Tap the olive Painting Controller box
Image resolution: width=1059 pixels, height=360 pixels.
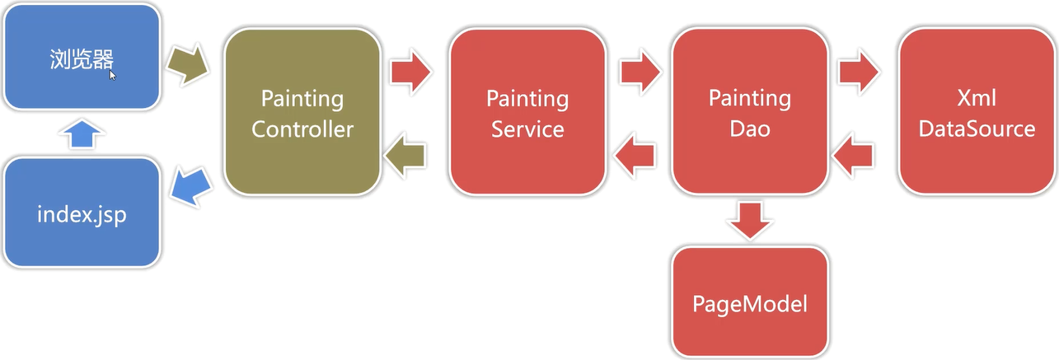[x=302, y=113]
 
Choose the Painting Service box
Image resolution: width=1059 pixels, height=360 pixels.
[x=527, y=113]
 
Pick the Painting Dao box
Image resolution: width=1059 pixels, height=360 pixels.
[x=749, y=113]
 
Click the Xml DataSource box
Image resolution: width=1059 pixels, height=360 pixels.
[x=977, y=113]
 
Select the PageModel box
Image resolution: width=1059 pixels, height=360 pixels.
[x=749, y=302]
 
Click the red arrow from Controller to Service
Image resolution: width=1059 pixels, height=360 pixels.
[x=410, y=72]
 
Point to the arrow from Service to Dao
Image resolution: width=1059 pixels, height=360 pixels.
[x=640, y=72]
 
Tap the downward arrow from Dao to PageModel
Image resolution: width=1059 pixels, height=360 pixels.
[x=749, y=220]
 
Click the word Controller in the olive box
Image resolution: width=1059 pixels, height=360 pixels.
[x=302, y=129]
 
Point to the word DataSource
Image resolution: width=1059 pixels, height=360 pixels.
[x=977, y=129]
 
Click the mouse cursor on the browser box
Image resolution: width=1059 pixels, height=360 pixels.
[x=113, y=74]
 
